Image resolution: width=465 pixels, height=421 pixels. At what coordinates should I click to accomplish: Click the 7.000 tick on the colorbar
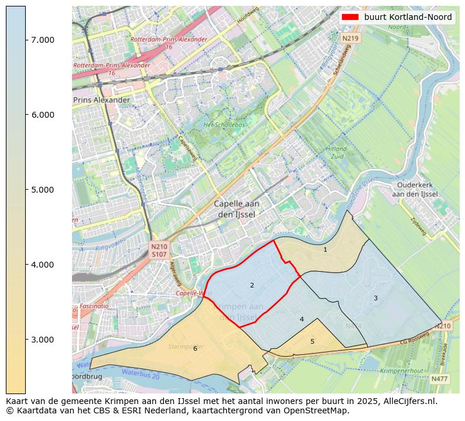point(26,40)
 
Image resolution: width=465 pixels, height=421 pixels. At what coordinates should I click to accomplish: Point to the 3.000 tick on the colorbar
point(26,340)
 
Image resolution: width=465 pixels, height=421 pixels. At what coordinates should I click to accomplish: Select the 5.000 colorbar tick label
point(42,190)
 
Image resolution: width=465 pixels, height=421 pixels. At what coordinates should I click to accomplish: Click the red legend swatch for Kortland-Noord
point(350,18)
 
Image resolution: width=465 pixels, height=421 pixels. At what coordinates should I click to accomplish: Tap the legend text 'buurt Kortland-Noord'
point(408,18)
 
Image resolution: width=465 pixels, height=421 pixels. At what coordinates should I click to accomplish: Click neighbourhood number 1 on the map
point(325,250)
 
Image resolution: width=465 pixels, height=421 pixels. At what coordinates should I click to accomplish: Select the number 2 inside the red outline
point(252,286)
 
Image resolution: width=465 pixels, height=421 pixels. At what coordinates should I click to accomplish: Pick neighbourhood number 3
point(375,299)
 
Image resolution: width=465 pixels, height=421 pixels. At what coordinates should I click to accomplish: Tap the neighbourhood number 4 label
point(302,320)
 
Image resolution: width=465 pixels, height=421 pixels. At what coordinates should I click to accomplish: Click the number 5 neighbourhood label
point(312,342)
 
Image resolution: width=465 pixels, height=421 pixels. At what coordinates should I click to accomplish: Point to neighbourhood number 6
point(195,349)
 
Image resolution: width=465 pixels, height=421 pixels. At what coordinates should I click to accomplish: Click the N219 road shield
point(350,38)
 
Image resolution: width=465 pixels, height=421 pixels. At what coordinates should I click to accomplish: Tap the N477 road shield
point(440,379)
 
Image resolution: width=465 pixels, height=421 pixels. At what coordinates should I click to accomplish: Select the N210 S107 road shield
point(159,251)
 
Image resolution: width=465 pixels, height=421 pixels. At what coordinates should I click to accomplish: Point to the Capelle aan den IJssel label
point(237,209)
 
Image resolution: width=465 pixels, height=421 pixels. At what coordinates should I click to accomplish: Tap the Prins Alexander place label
point(101,100)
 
